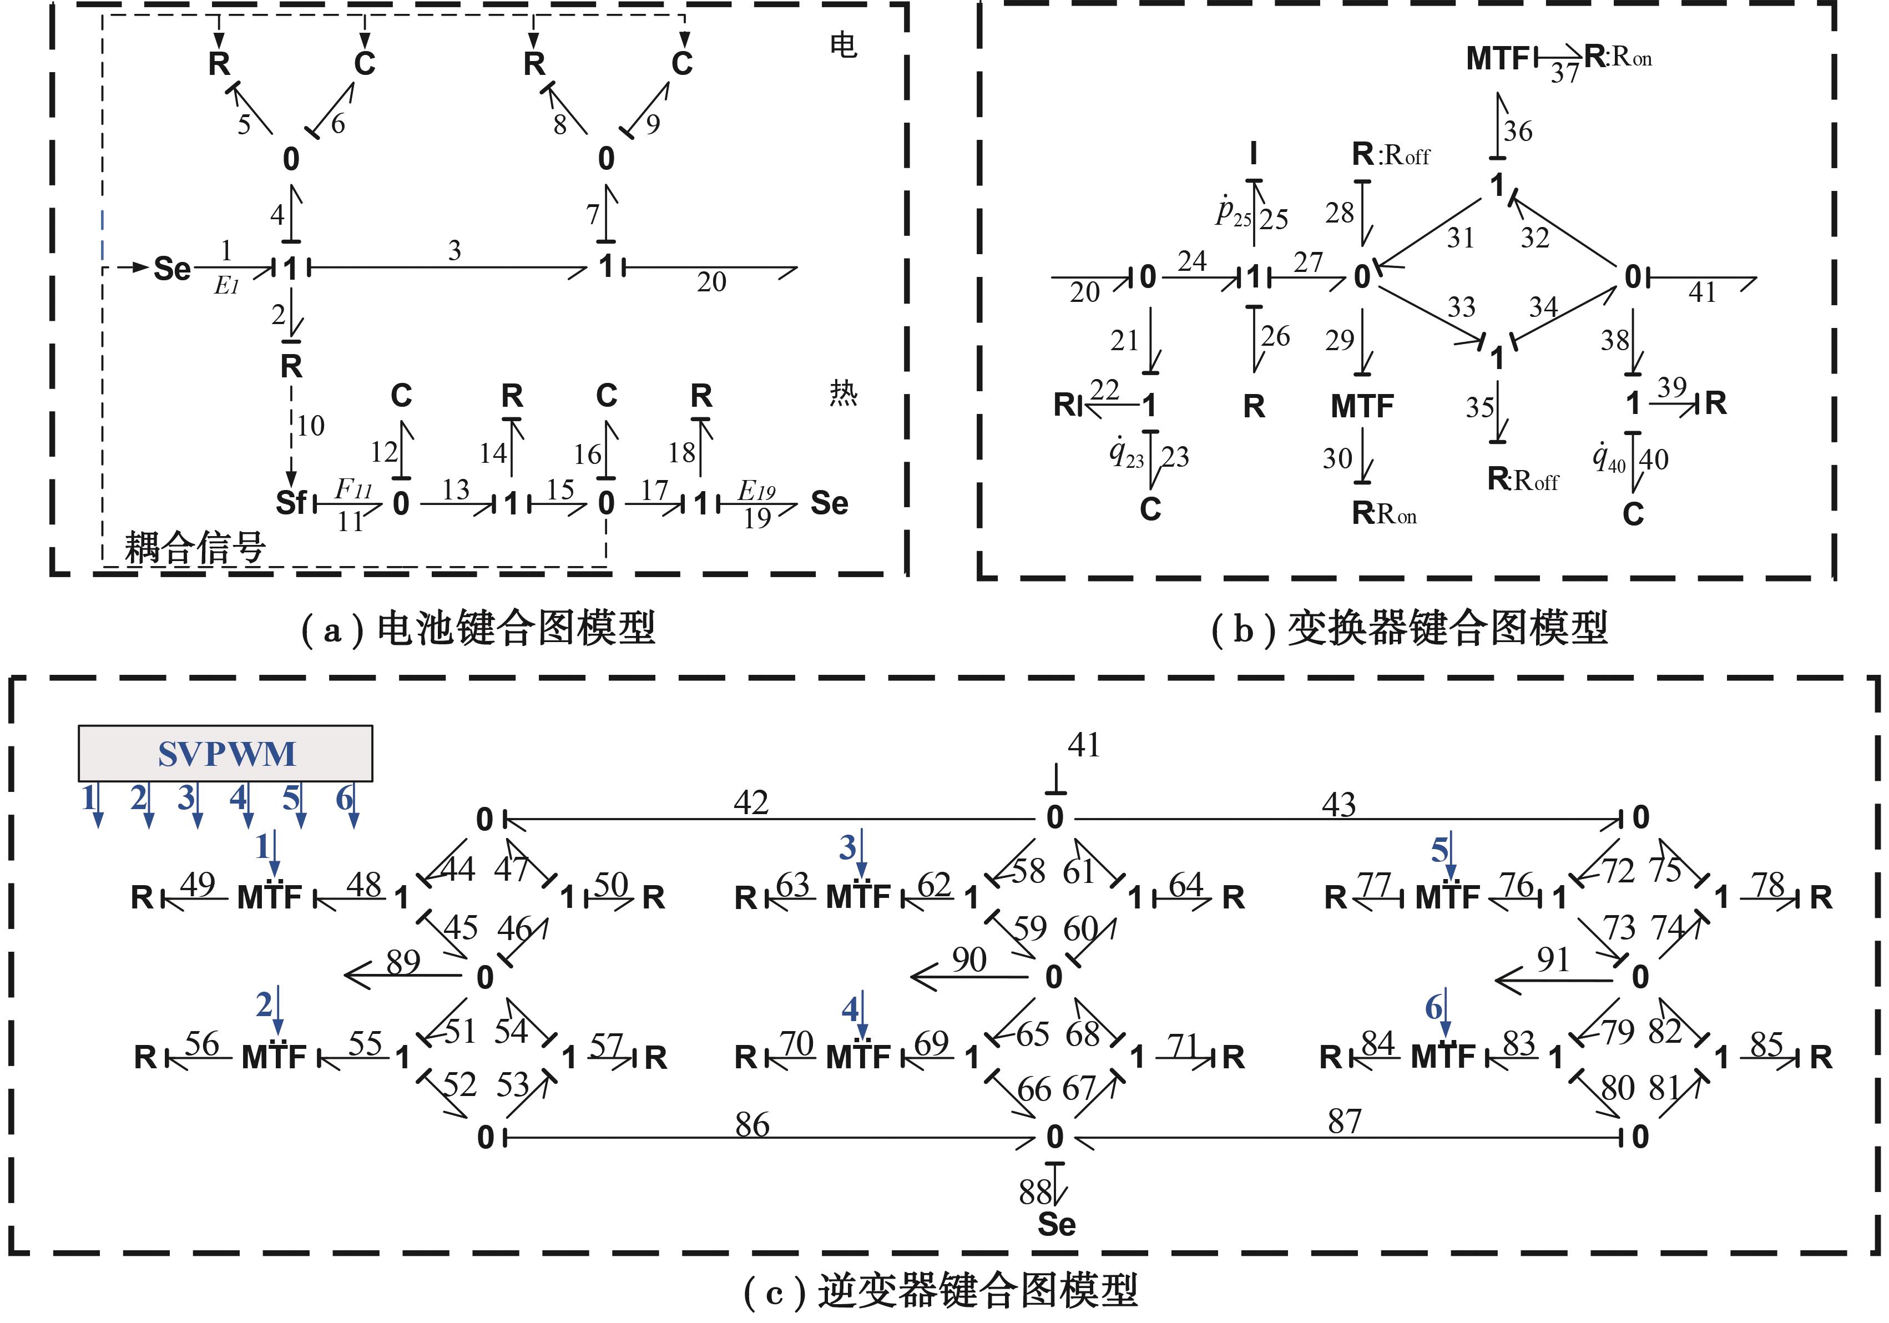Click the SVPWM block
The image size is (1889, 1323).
point(225,753)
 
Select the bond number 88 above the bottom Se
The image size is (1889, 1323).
point(1034,1191)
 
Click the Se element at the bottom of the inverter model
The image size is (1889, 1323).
point(1057,1224)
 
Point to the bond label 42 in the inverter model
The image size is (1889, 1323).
point(750,802)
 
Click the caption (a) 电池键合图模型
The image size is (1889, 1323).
point(477,629)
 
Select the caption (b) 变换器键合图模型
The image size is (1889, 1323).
point(1408,629)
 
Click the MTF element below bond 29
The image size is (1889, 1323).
point(1362,406)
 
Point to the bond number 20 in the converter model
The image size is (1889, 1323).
point(1084,292)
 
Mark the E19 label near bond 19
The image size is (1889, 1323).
point(756,491)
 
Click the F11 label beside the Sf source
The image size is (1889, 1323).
point(353,489)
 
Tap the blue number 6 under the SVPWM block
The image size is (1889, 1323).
point(345,797)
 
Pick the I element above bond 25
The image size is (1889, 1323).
point(1253,153)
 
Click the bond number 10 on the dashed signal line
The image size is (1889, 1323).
point(310,425)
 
